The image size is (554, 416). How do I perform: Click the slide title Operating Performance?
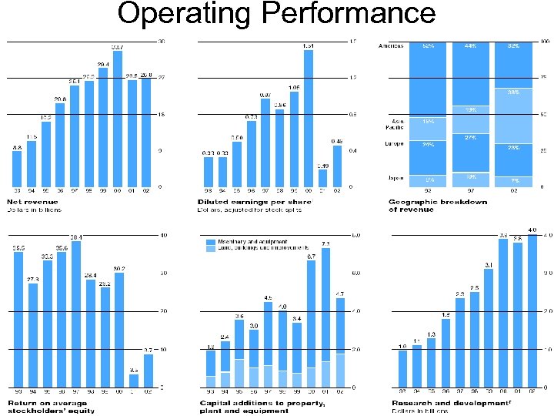click(x=276, y=13)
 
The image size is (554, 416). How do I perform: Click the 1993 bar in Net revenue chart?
click(x=17, y=169)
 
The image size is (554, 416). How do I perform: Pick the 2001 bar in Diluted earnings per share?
click(x=323, y=178)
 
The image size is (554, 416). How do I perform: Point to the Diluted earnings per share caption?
click(x=255, y=206)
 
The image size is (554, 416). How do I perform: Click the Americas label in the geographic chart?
click(x=392, y=46)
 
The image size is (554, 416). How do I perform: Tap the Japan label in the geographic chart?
click(x=396, y=178)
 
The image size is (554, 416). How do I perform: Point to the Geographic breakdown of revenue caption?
click(x=438, y=206)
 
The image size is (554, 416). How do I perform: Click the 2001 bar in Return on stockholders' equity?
click(x=133, y=380)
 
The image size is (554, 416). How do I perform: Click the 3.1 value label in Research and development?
click(x=489, y=266)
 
